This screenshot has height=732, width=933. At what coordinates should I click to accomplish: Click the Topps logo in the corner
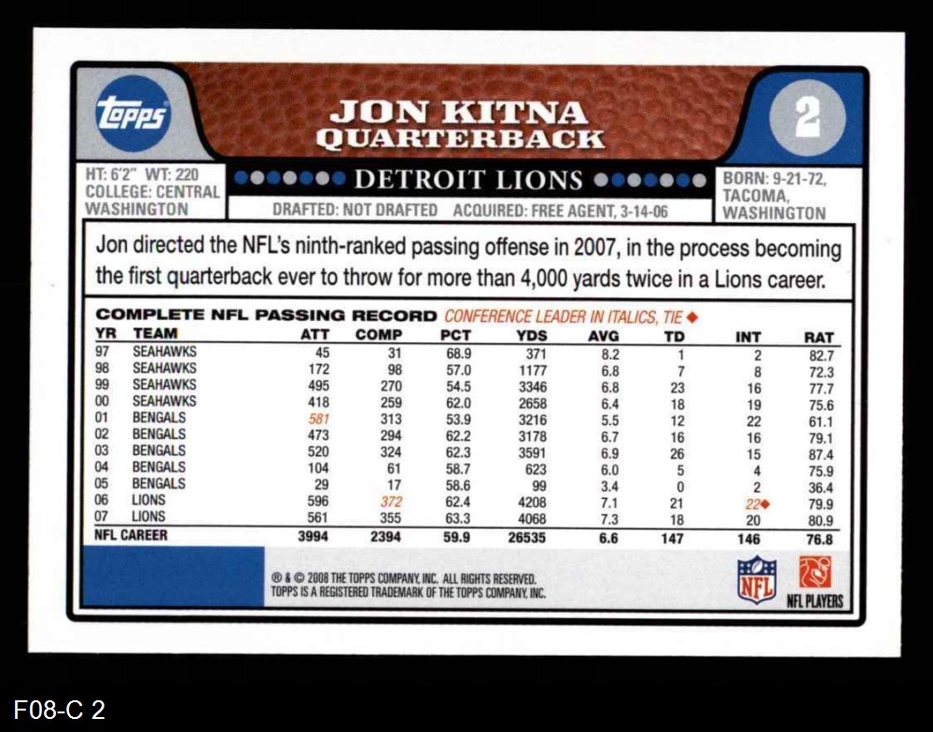(x=132, y=114)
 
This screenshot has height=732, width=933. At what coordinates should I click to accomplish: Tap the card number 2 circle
(x=807, y=118)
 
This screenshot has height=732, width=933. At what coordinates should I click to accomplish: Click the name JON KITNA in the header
(x=459, y=113)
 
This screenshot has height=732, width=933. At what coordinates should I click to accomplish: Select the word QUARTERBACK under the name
(x=459, y=139)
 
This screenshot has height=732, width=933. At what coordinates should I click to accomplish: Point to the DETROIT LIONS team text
(x=468, y=180)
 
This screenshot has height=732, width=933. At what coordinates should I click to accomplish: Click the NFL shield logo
(x=756, y=580)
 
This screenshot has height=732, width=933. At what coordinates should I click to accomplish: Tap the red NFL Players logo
(x=815, y=572)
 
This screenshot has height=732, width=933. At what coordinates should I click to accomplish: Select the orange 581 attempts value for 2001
(x=319, y=419)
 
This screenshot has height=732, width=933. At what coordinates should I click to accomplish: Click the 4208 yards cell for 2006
(x=531, y=501)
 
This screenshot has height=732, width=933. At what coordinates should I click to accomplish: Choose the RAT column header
(x=818, y=337)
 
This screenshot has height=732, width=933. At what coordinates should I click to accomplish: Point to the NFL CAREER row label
(x=132, y=535)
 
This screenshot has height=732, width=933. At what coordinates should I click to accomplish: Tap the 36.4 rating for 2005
(x=821, y=488)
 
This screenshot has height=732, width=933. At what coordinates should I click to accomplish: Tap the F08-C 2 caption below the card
(x=60, y=711)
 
